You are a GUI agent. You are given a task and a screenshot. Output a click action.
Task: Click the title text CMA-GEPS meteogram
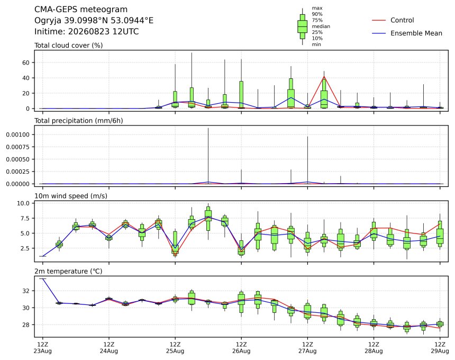[81, 10]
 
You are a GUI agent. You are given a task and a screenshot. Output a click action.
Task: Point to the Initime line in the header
[86, 31]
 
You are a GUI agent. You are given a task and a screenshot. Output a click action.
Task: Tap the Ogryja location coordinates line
[94, 21]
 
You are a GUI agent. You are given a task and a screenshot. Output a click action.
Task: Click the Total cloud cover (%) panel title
[68, 46]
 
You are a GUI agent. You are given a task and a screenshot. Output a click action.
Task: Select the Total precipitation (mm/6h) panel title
[79, 121]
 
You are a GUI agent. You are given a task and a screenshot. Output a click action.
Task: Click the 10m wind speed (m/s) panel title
[71, 196]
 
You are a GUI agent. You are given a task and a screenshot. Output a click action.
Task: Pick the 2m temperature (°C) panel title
[68, 271]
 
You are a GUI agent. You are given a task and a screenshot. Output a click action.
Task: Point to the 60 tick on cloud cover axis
[26, 62]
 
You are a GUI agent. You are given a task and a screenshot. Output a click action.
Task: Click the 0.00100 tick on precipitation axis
[17, 134]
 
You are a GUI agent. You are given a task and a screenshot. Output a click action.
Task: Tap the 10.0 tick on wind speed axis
[23, 203]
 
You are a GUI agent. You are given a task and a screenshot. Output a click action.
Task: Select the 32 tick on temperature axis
[26, 291]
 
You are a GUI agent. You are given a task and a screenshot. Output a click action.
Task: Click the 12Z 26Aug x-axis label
[241, 348]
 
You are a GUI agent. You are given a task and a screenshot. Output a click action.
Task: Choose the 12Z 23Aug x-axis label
[43, 348]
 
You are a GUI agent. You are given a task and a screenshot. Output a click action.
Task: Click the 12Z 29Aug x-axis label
[440, 348]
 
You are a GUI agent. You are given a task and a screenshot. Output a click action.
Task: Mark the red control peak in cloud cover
[324, 77]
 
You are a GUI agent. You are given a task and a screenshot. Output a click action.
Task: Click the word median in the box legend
[321, 26]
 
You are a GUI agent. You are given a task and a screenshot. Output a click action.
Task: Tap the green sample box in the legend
[303, 26]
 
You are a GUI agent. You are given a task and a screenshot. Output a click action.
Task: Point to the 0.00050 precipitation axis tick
[17, 159]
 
